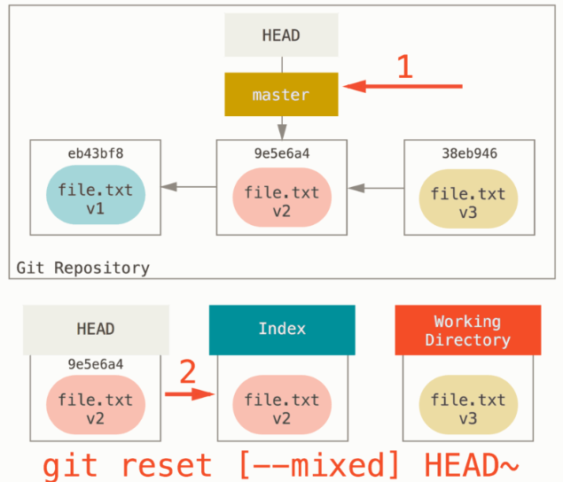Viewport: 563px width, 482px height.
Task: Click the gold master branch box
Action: (x=281, y=95)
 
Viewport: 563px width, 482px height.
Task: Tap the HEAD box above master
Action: (x=281, y=35)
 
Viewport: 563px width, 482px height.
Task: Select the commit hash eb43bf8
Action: (x=96, y=153)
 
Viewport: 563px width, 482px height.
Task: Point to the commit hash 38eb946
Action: (x=469, y=153)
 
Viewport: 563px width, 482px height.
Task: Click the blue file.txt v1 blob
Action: (x=96, y=195)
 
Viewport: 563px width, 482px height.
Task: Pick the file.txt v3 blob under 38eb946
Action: (x=468, y=198)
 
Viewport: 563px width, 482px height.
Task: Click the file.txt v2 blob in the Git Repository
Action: (x=282, y=198)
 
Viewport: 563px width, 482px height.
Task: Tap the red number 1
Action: (x=405, y=66)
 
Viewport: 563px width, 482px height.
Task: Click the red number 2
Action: (x=187, y=371)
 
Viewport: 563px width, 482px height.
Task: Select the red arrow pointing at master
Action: (x=403, y=86)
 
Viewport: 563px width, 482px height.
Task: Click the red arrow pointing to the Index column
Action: (x=190, y=394)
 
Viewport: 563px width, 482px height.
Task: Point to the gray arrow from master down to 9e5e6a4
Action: (x=282, y=128)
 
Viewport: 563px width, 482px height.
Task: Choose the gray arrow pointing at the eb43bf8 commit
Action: (x=189, y=187)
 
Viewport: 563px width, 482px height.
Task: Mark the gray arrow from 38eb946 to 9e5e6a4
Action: (x=376, y=188)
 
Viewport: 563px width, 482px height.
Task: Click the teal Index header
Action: (x=282, y=330)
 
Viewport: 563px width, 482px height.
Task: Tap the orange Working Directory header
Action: (x=468, y=330)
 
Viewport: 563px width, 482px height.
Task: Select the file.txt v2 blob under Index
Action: (x=282, y=405)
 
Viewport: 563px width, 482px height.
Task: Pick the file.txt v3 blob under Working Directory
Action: (x=468, y=405)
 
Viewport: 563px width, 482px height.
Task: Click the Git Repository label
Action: (x=83, y=268)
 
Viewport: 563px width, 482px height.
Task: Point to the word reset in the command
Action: (x=167, y=465)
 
